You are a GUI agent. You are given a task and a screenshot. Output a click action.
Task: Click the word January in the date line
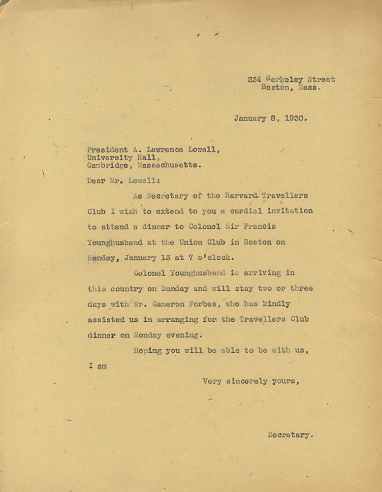pos(251,118)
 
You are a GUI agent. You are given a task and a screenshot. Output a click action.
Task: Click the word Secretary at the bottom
pos(291,435)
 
